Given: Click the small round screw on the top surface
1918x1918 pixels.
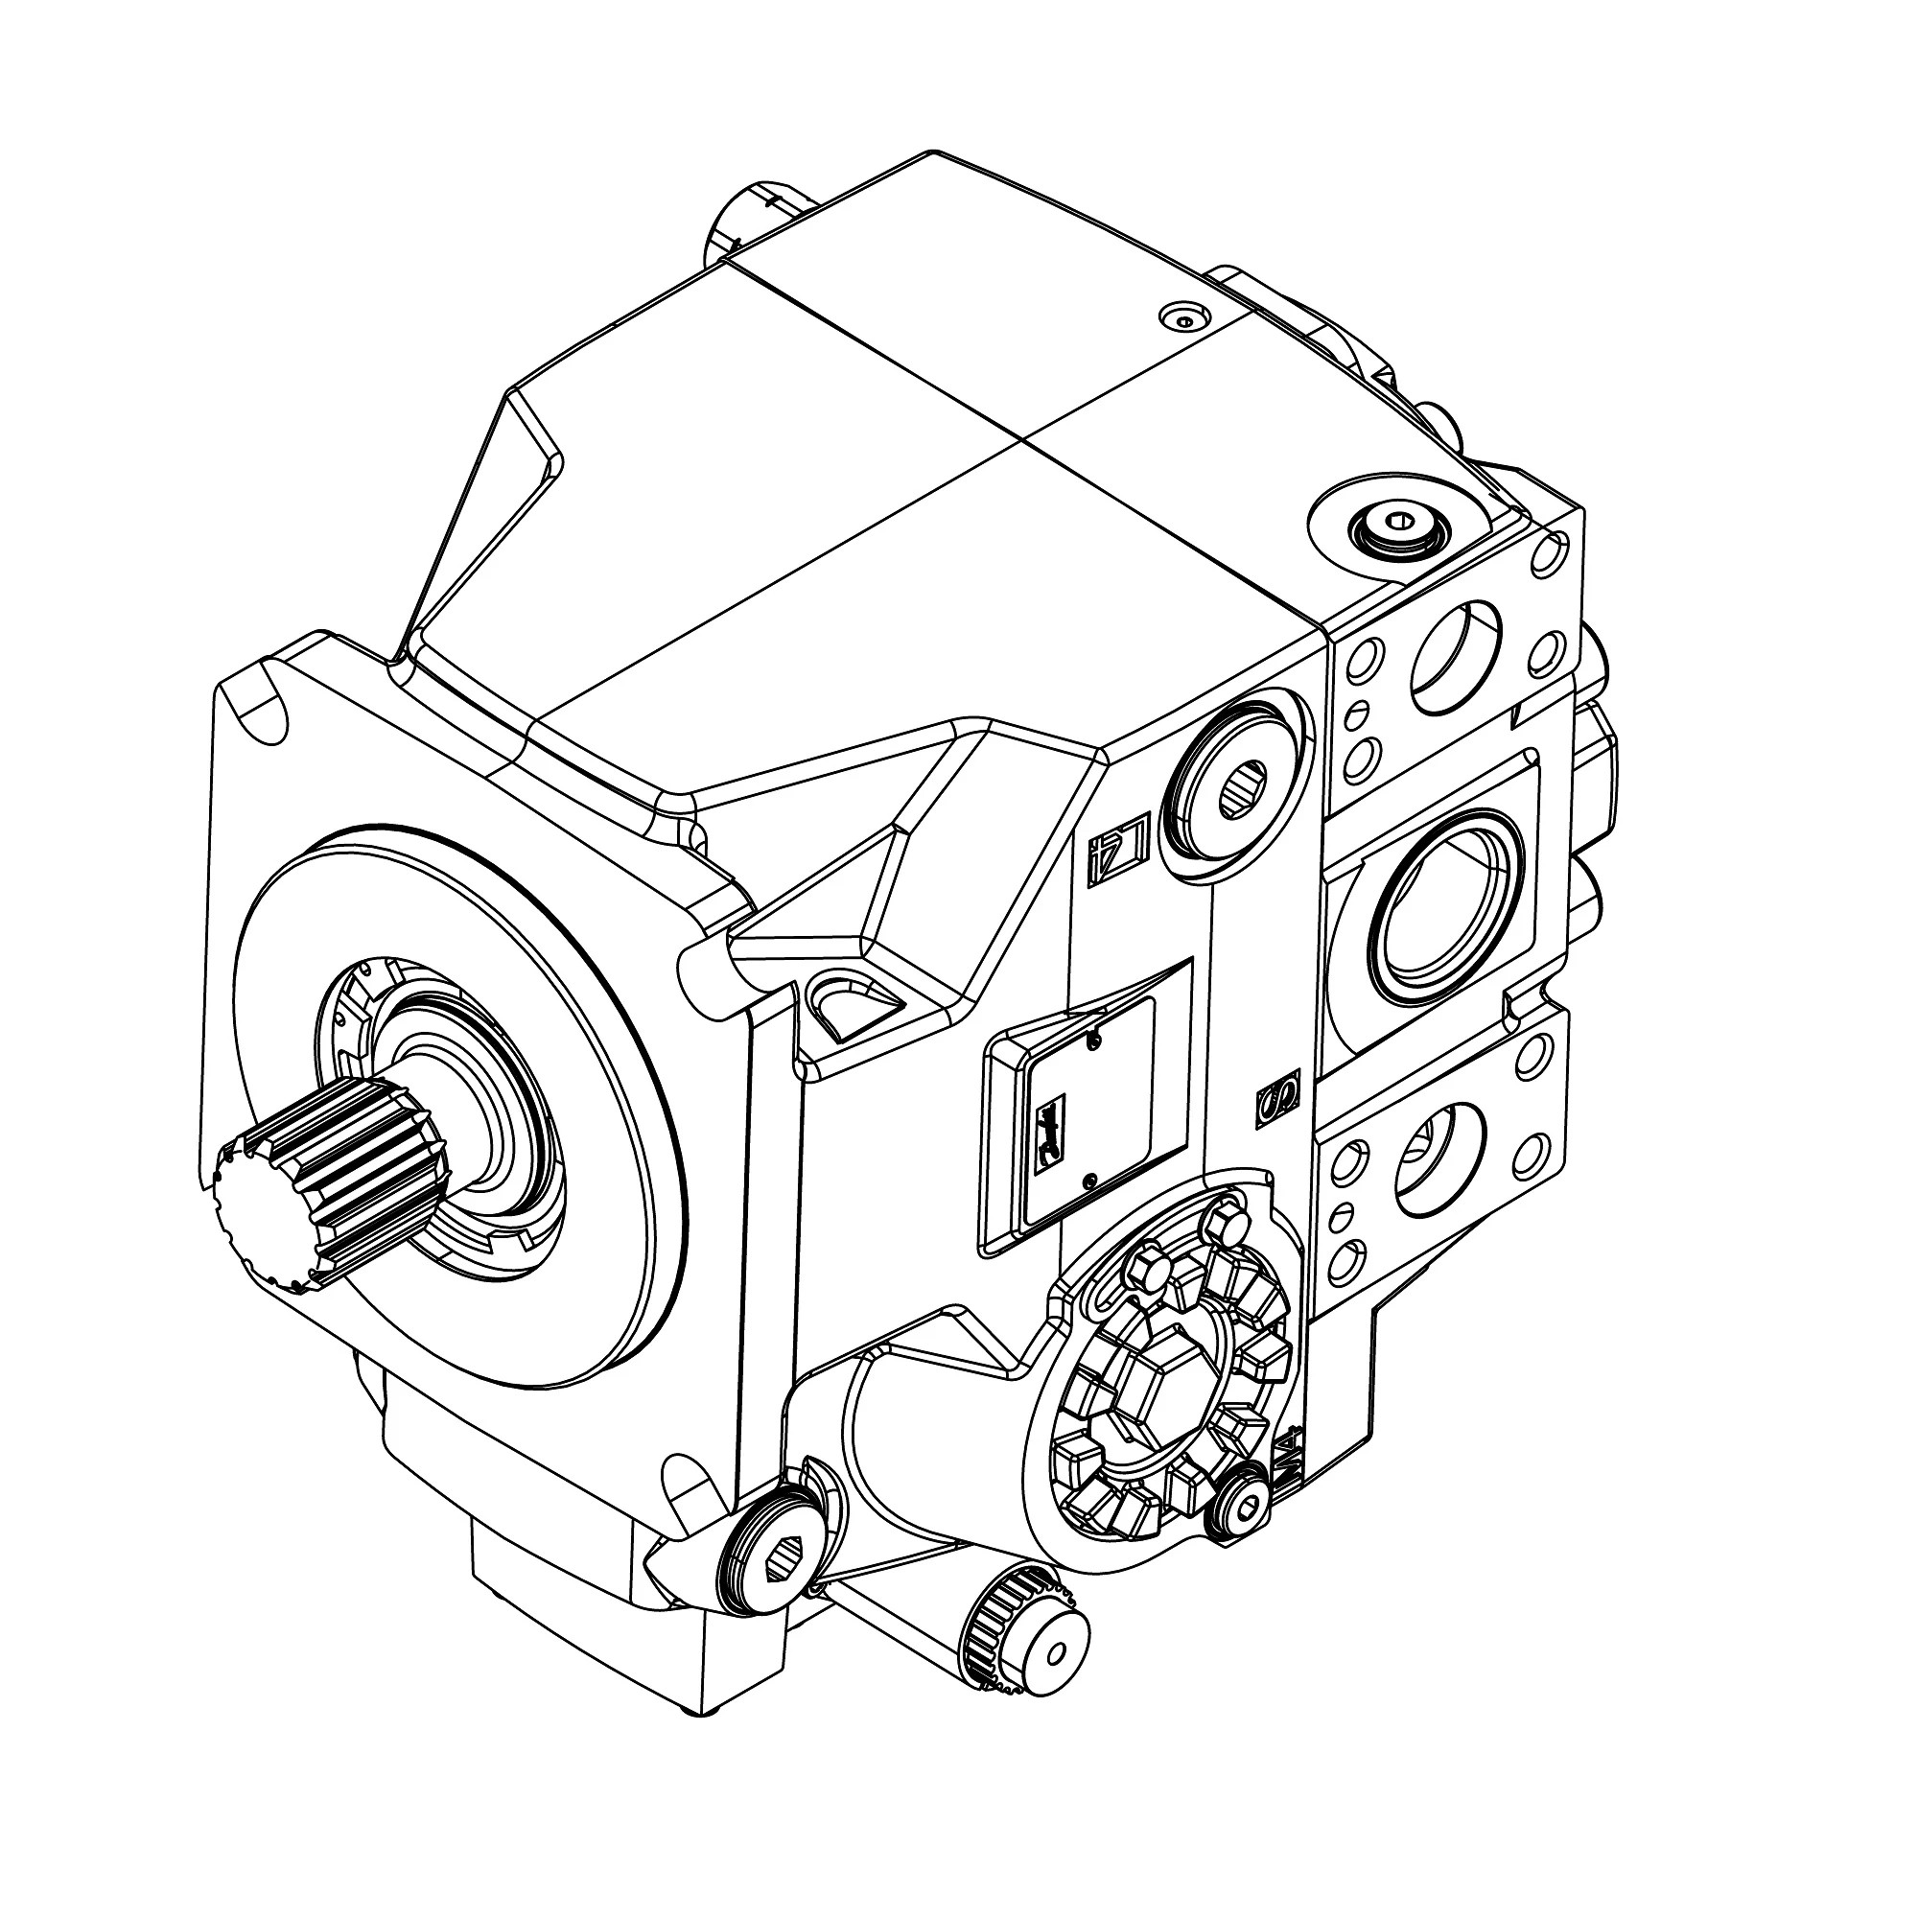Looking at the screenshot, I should pyautogui.click(x=1182, y=317).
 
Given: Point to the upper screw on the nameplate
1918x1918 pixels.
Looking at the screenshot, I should pyautogui.click(x=1093, y=1040).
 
